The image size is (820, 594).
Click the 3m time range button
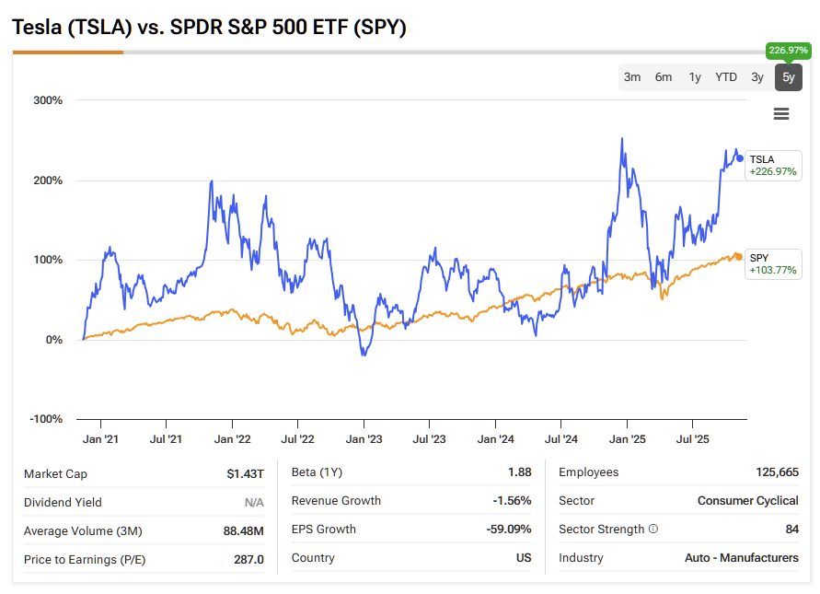pyautogui.click(x=632, y=77)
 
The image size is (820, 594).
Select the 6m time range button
pyautogui.click(x=664, y=77)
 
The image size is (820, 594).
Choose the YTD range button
pyautogui.click(x=726, y=77)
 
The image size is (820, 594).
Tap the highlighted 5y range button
pyautogui.click(x=788, y=77)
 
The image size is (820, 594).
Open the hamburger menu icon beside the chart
pyautogui.click(x=781, y=114)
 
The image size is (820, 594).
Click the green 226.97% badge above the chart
pyautogui.click(x=788, y=51)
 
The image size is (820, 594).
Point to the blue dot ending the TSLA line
pyautogui.click(x=740, y=158)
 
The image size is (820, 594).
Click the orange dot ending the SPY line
pyautogui.click(x=740, y=256)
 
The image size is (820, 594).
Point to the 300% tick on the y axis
pyautogui.click(x=48, y=100)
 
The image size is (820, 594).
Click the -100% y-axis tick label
pyautogui.click(x=46, y=419)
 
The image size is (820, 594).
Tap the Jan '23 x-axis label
pyautogui.click(x=364, y=440)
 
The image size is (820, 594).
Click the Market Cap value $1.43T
pyautogui.click(x=246, y=474)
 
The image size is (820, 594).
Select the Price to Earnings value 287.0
pyautogui.click(x=248, y=559)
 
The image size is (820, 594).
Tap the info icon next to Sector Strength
pyautogui.click(x=653, y=530)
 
